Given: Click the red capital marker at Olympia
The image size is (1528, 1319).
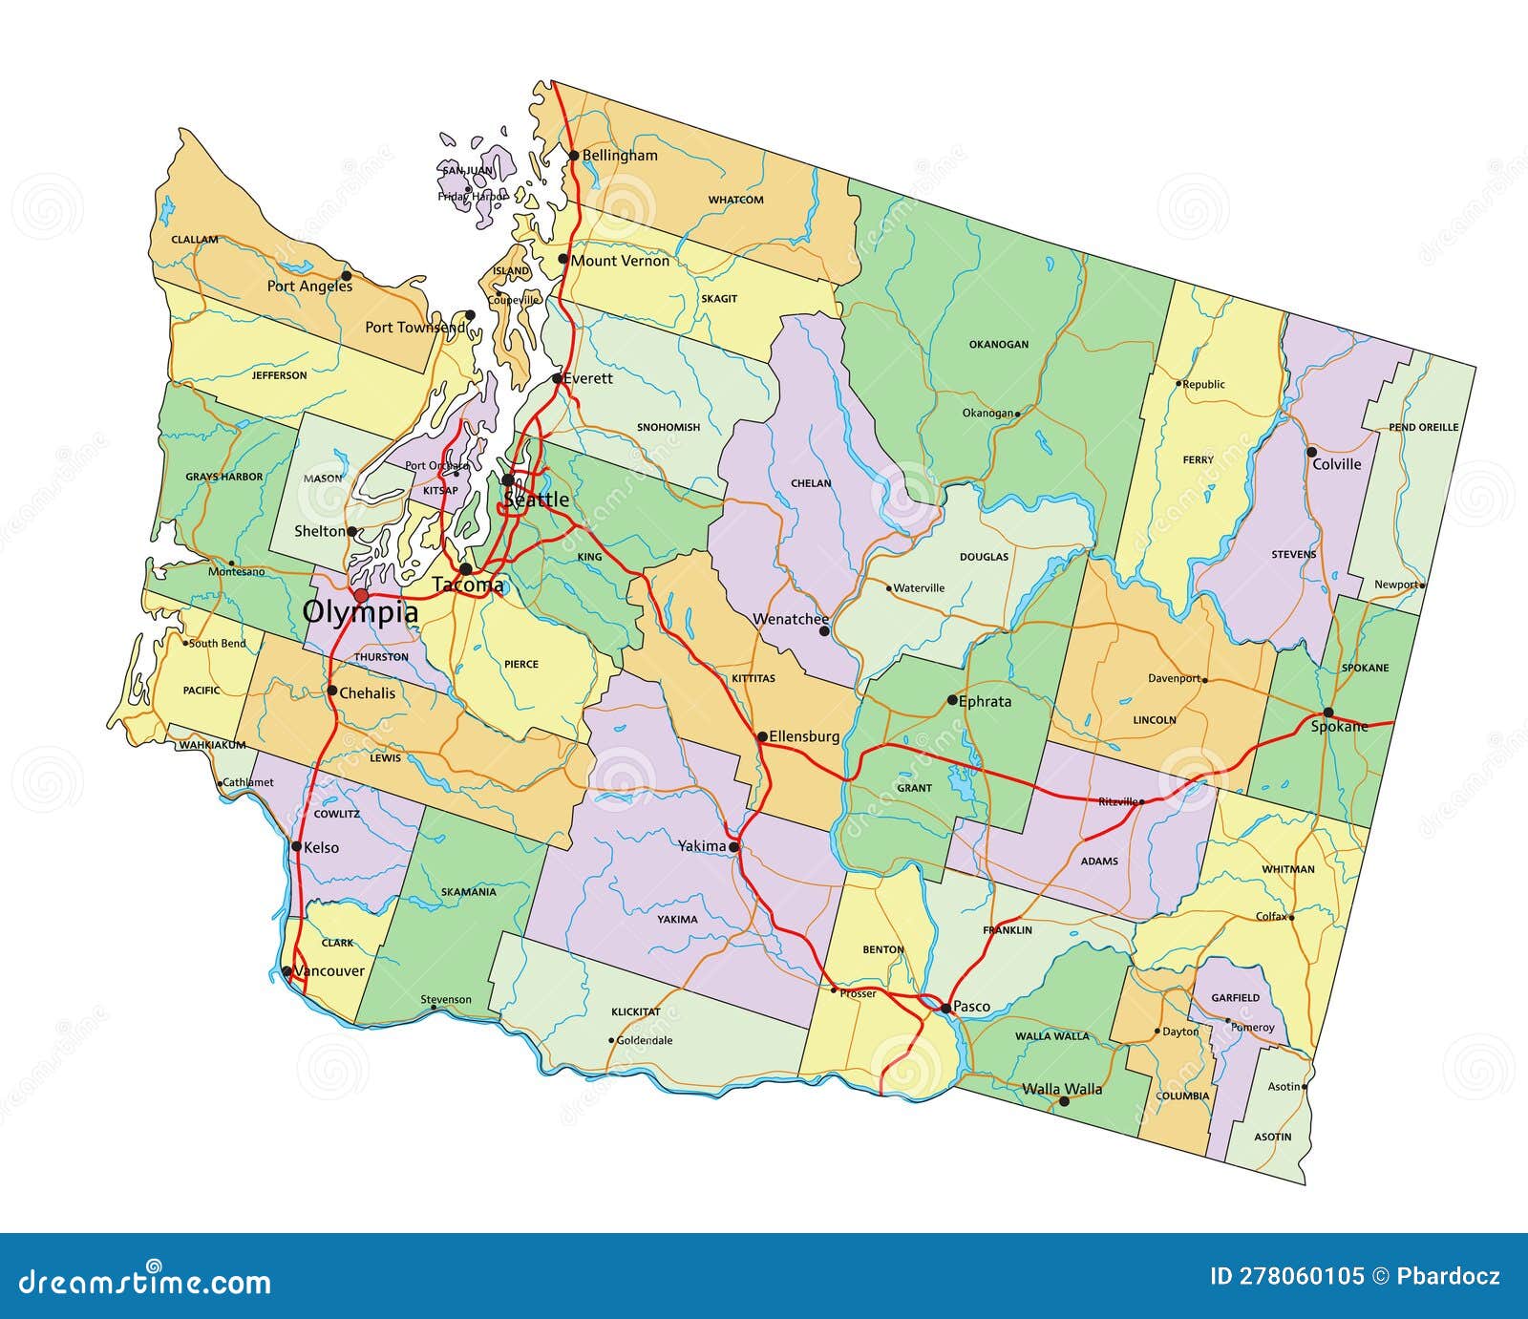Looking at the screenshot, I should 361,596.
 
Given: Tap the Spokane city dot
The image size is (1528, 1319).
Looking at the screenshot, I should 1327,713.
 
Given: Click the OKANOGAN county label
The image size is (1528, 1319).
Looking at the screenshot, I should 999,345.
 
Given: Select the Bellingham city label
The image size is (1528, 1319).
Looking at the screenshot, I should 620,156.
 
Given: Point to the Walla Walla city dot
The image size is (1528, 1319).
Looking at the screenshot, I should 1064,1101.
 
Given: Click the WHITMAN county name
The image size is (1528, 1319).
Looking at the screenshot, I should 1287,869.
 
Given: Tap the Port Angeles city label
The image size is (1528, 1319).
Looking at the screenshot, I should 309,286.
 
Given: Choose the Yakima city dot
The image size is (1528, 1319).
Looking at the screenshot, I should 733,847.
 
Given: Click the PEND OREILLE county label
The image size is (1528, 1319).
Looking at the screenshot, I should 1423,427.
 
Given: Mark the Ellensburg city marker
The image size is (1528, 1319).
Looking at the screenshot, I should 762,736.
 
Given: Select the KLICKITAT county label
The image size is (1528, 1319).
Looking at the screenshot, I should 636,1011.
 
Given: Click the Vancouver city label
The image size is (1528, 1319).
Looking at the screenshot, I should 329,971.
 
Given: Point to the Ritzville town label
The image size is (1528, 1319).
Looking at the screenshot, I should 1116,801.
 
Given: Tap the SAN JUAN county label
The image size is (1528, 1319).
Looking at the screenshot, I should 467,171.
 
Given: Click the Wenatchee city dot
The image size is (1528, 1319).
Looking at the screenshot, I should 824,630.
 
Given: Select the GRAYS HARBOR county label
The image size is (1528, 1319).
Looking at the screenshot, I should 223,477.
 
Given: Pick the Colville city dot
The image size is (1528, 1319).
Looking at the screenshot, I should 1311,452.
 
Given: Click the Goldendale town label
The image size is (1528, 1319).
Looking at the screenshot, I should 645,1040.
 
